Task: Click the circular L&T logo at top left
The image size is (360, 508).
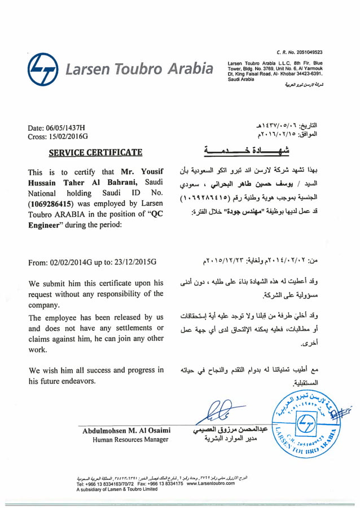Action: (43, 69)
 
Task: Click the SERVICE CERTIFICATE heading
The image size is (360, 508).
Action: (95, 152)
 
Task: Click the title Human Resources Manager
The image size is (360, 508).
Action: (130, 440)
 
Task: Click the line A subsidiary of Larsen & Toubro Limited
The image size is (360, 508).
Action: (117, 489)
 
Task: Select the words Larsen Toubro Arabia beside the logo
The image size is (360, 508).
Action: (139, 69)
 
